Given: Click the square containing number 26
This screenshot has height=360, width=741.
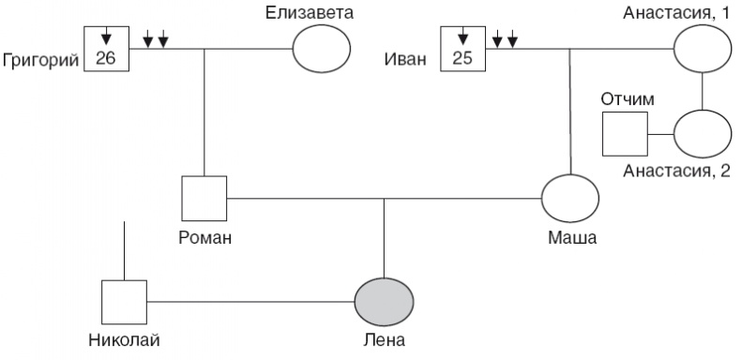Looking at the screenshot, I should [106, 47].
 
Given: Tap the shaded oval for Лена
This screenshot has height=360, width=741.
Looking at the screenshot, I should [384, 302].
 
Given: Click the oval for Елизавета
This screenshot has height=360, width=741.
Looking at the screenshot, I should [322, 48].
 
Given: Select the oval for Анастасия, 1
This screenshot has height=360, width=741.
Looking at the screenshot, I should [703, 48].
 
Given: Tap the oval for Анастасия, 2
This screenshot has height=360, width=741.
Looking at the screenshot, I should [703, 134].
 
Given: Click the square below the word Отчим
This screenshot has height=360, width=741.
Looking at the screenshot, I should [624, 134].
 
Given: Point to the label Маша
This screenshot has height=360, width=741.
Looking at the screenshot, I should [571, 236].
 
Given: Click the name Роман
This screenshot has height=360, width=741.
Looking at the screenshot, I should [204, 236].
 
